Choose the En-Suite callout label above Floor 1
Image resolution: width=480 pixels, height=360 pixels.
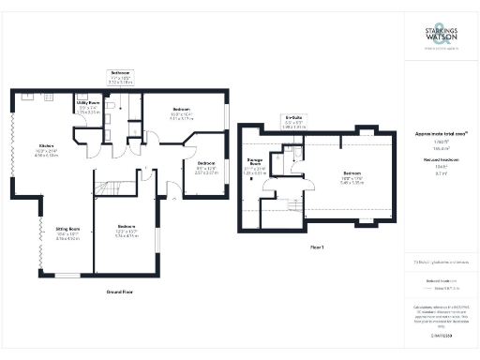[292, 119]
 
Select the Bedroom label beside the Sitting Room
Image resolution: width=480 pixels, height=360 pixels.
[126, 228]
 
